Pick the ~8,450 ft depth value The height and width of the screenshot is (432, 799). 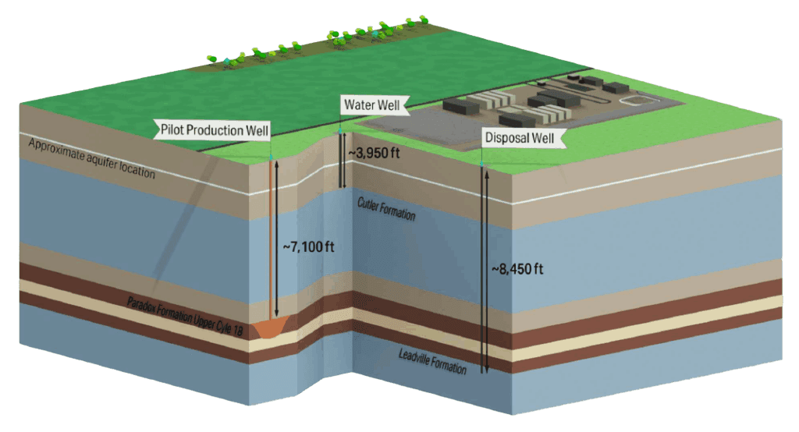tap(517, 269)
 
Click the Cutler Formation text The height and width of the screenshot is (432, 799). tap(386, 209)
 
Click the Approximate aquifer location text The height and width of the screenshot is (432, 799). tap(92, 158)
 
